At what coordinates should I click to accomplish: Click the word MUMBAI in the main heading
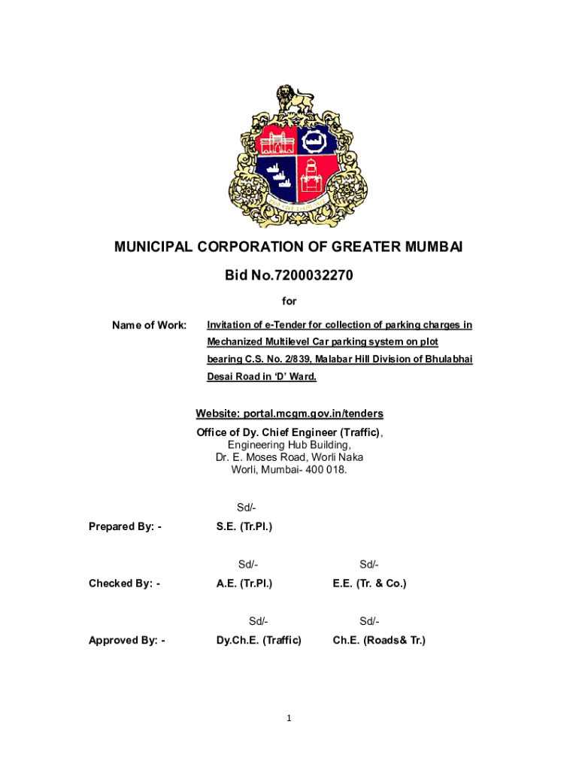coord(426,247)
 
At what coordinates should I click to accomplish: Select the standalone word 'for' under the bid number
coord(289,302)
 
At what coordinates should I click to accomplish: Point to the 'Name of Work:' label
coord(149,326)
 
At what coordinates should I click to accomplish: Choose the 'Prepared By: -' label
coord(125,526)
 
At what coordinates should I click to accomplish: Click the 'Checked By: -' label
coord(124,584)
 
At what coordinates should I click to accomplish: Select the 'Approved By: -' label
coord(126,641)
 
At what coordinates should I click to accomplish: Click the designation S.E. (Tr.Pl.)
coord(244,526)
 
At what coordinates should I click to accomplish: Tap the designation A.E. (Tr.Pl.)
coord(244,584)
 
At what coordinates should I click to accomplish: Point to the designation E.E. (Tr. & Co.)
coord(369,584)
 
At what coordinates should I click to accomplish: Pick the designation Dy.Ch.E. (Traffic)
coord(259,641)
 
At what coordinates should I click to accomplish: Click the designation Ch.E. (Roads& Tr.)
coord(379,641)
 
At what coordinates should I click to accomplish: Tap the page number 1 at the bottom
coord(289,719)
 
